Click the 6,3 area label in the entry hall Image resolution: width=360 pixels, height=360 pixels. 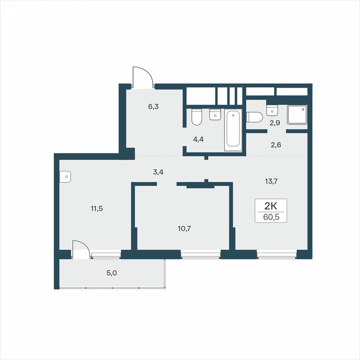coord(153,106)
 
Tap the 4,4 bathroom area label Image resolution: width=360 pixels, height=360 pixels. coord(198,139)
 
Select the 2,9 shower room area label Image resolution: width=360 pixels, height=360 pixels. coord(275,123)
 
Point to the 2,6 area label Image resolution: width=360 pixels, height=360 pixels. coord(276,145)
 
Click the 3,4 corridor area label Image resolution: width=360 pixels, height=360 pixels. coord(158,172)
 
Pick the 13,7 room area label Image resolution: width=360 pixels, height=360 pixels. coord(271,181)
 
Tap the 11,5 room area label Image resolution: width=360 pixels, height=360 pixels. coord(97,209)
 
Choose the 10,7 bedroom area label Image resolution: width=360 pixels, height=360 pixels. coord(184,229)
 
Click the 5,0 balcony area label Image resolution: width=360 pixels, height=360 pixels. coord(112,273)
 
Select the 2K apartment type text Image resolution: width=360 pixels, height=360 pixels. coord(271,206)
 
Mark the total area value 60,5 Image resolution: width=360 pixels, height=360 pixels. coord(271,217)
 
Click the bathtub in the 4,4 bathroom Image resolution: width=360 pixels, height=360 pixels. coord(233,130)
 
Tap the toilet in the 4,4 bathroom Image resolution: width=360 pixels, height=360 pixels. coord(196,117)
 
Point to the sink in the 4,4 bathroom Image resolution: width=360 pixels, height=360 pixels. coord(215,114)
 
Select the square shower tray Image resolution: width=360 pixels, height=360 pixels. coord(297,115)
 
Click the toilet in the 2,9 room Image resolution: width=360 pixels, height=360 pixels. coord(255,117)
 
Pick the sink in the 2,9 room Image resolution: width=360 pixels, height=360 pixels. coord(272,111)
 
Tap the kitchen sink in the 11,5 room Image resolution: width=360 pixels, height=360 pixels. coord(65,177)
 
